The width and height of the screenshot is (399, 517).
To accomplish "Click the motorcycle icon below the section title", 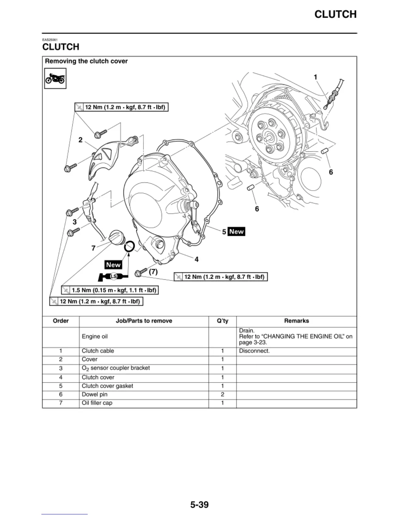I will click(55, 79).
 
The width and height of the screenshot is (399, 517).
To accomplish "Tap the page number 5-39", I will click(199, 505).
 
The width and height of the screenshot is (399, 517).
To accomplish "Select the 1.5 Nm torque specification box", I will click(110, 290).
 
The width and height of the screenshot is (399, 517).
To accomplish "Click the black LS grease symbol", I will click(113, 277).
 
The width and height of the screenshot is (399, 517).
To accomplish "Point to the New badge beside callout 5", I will click(236, 231).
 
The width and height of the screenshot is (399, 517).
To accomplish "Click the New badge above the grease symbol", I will click(113, 265).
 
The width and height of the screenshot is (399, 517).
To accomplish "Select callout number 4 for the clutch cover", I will click(197, 259).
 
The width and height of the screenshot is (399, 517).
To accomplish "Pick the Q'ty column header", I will click(223, 321).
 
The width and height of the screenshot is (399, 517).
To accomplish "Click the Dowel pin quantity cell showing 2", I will click(223, 394).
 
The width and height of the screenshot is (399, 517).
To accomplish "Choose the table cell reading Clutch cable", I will click(98, 351).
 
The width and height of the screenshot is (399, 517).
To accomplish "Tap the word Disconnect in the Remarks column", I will click(254, 351).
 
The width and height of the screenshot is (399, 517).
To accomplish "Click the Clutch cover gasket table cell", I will click(107, 386).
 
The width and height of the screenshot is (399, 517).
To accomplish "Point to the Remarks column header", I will click(296, 321).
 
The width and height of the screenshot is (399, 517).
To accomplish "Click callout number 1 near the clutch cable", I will click(315, 77).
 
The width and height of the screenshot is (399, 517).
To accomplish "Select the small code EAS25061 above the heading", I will click(50, 40).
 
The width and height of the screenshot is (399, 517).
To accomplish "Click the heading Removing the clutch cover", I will click(86, 61).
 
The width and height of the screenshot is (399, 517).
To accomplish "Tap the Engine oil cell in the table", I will click(95, 337).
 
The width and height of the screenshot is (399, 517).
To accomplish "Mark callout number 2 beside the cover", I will click(81, 140).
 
